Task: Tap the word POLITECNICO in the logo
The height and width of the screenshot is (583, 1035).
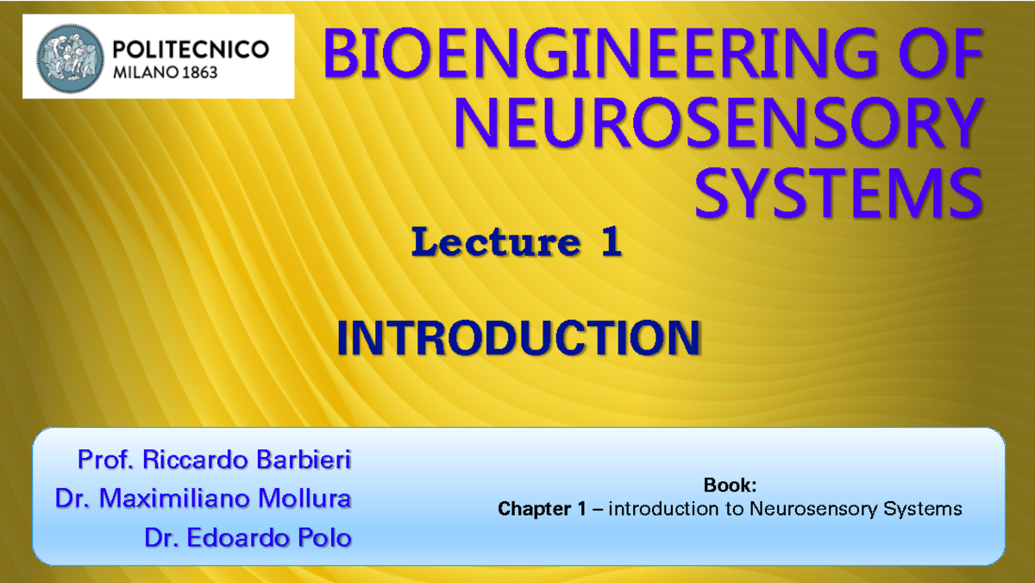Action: click(x=191, y=49)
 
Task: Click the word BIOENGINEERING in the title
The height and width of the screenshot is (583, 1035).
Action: click(x=586, y=56)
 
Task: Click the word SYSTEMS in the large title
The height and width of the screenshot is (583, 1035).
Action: click(x=838, y=194)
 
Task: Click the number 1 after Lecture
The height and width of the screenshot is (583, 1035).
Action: click(x=610, y=243)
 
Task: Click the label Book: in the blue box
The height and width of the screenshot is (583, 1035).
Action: click(x=730, y=486)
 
